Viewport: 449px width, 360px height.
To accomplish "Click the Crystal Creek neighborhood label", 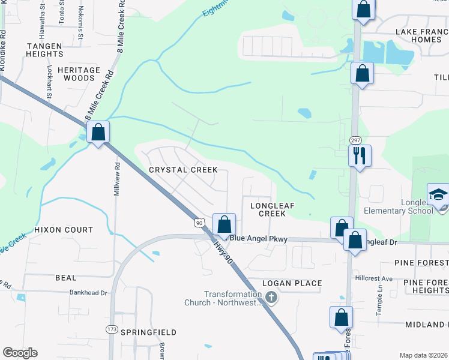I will pos(183,170).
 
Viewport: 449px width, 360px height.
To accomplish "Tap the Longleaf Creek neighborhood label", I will pos(272,209).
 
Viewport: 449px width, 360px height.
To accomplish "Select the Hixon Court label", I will pos(64,230).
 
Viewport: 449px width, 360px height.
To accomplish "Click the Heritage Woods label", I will pos(79,74).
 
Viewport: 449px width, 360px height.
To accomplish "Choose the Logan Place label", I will pos(292,283).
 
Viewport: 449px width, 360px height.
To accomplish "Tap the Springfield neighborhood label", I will pos(149,332).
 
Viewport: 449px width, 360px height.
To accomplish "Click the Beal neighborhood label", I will pos(65,278).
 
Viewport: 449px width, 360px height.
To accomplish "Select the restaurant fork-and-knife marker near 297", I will pos(360,156).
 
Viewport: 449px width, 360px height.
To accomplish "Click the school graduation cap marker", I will pos(438,195).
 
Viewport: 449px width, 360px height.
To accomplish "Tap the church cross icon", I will pos(271,297).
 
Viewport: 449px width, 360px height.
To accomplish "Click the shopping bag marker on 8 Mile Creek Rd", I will pos(98,133).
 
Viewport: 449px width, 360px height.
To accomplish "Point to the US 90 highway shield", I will pos(199,223).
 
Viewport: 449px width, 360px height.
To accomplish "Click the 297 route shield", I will pos(355,140).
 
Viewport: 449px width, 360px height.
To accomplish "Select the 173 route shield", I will pos(112,329).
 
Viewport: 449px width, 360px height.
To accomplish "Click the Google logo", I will pos(20,353).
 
